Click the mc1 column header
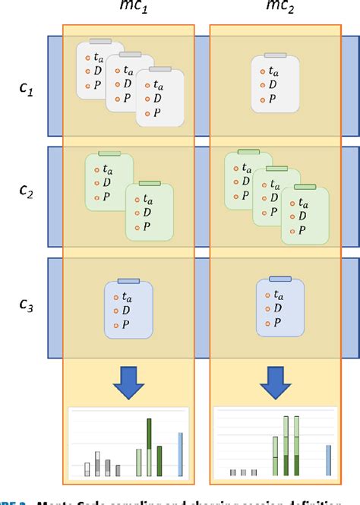(x=130, y=8)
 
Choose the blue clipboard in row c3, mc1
(x=129, y=309)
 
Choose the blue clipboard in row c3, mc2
(x=279, y=307)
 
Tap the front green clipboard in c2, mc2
(x=305, y=215)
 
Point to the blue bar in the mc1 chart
(x=181, y=453)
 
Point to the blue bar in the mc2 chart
(x=328, y=458)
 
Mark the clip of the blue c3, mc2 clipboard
(x=280, y=279)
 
